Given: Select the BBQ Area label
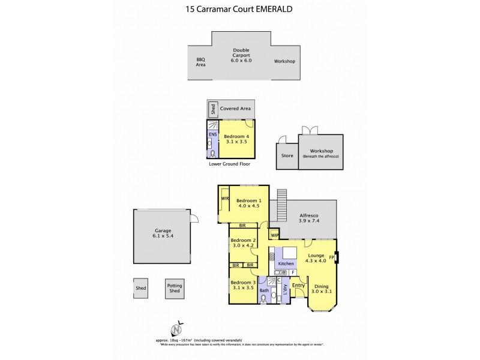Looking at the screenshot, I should [200, 62].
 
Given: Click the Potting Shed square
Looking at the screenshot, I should [175, 289].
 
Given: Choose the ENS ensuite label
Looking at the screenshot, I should [212, 135].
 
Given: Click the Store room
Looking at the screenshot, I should [287, 156].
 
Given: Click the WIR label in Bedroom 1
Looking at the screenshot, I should [225, 198].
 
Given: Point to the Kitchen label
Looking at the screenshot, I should [286, 264].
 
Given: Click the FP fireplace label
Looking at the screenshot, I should [331, 258].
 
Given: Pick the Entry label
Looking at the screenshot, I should [298, 286].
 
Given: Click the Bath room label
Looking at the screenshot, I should [265, 290].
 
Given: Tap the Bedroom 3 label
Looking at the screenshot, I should [242, 285].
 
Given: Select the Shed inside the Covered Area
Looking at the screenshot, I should [212, 109].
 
